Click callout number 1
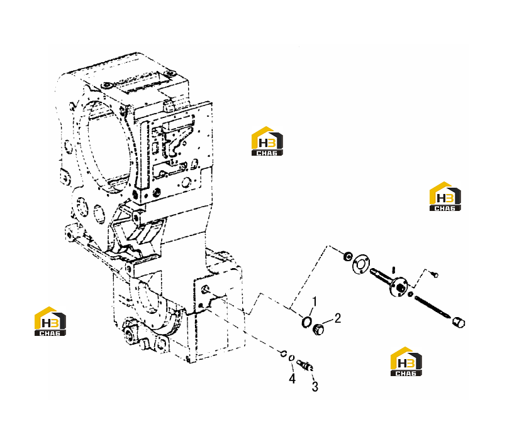[315, 302]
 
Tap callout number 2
[338, 318]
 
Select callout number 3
[315, 386]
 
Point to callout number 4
[292, 378]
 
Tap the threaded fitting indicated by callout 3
[304, 365]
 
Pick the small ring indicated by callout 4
[291, 358]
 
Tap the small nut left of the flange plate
[348, 256]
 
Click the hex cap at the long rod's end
[458, 322]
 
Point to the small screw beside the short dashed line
[435, 274]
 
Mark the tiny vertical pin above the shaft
[394, 269]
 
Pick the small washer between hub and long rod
[410, 294]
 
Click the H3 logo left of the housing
[50, 321]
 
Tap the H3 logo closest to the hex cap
[406, 362]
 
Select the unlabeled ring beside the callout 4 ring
[283, 353]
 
